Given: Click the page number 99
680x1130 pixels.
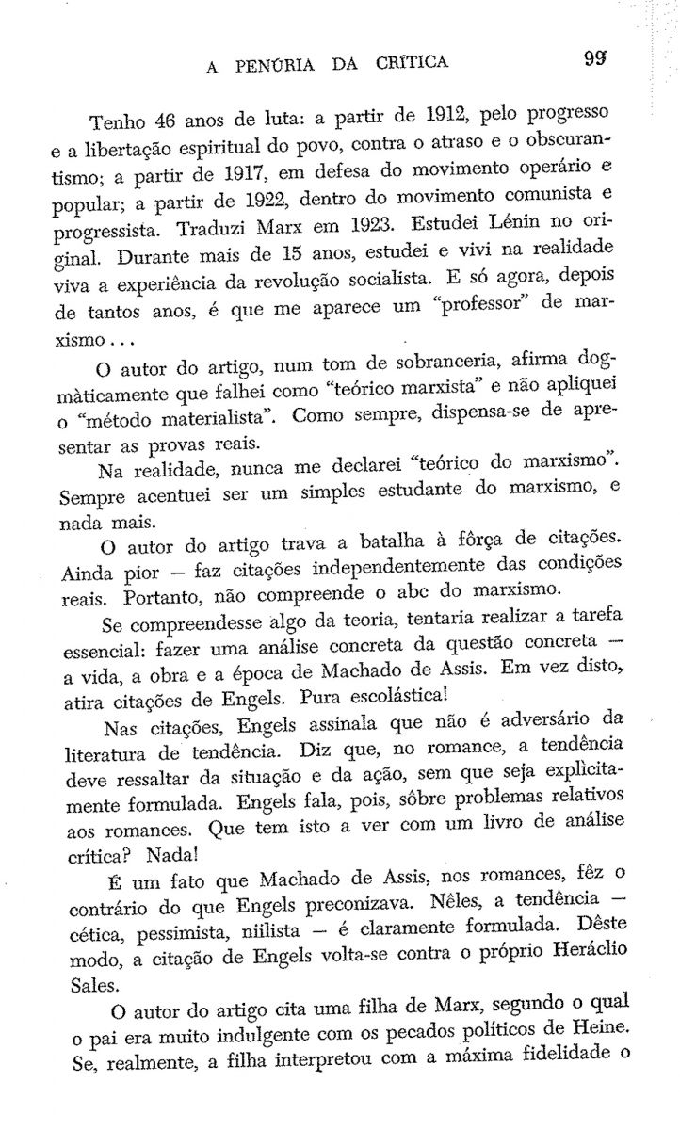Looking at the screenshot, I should click(594, 63).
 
